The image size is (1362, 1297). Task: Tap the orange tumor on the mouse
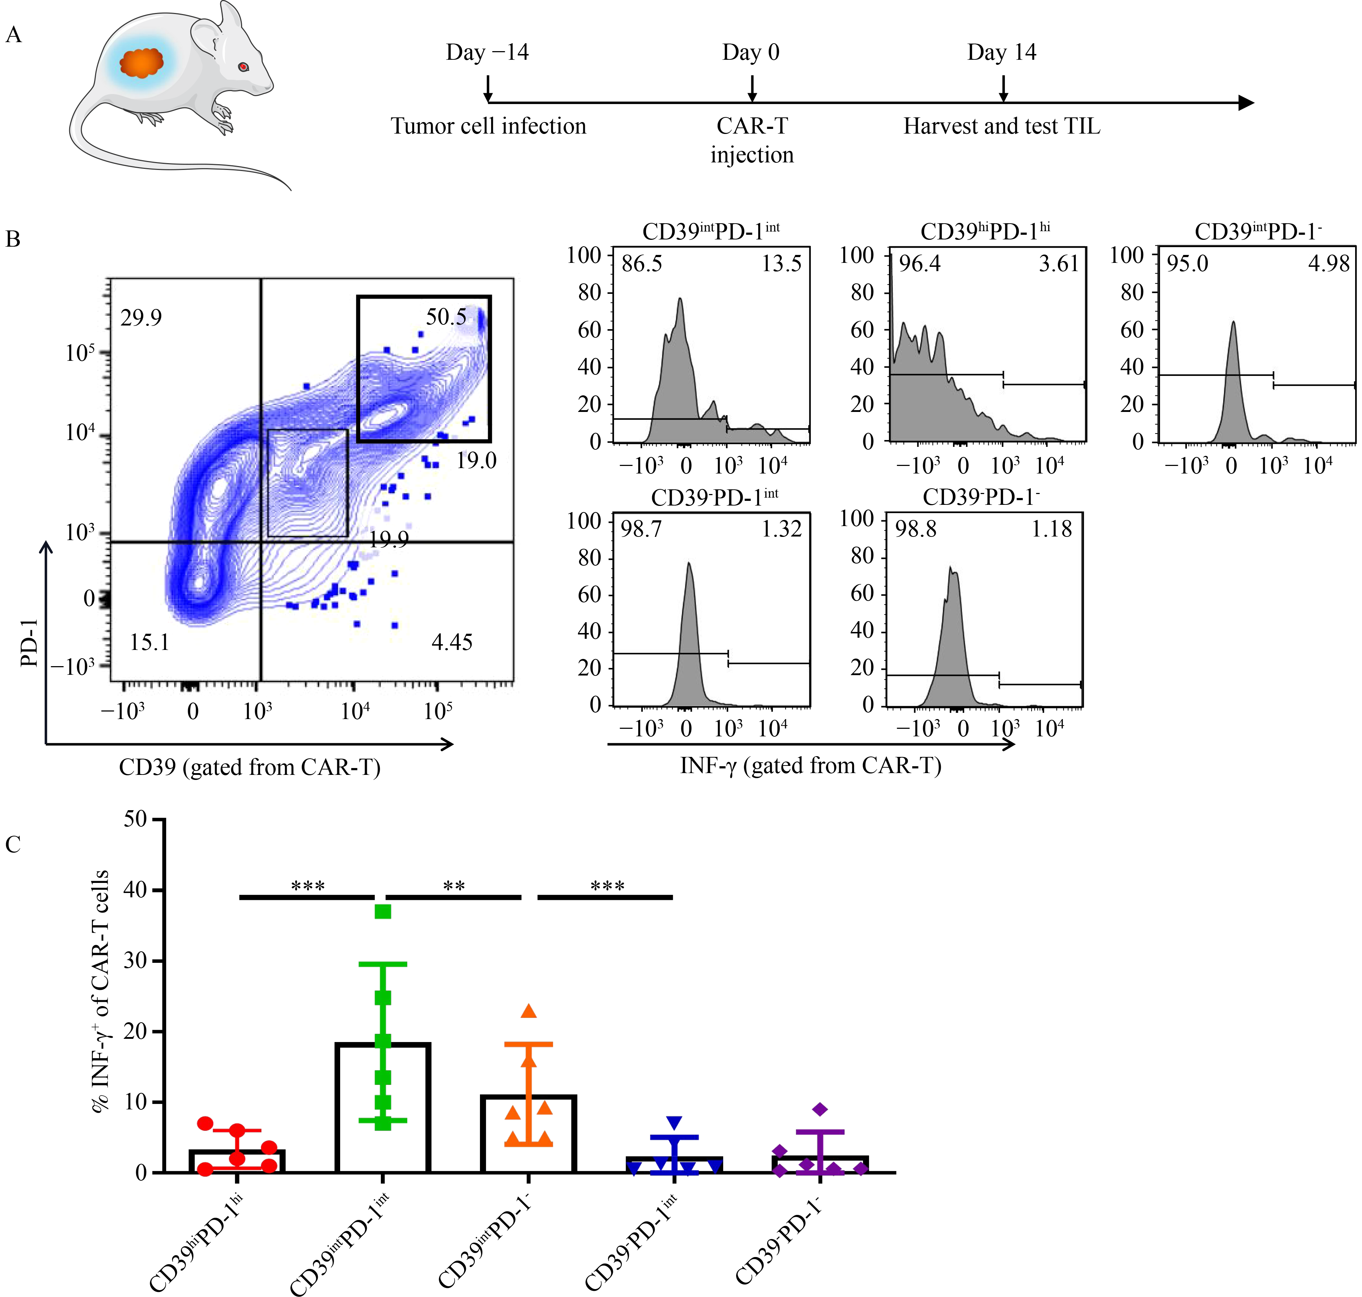(142, 63)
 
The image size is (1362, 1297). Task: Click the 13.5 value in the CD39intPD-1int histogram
(782, 264)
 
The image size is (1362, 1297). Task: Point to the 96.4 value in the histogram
(919, 264)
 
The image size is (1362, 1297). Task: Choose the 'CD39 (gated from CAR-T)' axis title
(250, 767)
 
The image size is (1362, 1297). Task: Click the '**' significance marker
(454, 886)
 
